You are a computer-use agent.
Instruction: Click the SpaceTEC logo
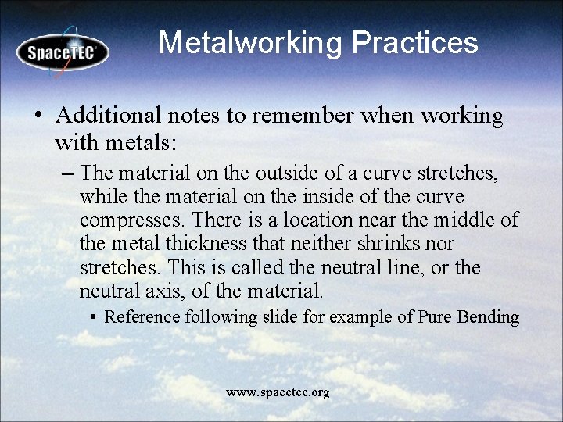coord(63,52)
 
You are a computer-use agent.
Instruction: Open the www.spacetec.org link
coord(278,392)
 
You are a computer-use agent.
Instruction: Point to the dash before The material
coord(67,172)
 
